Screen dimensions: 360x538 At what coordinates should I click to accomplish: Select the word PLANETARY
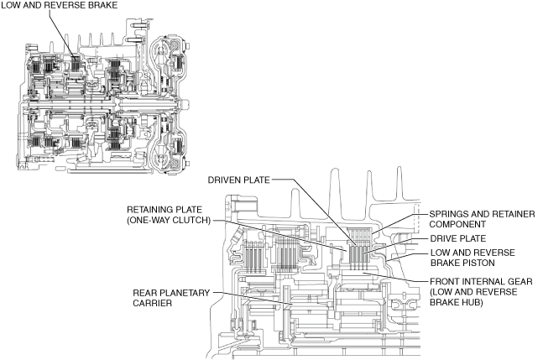[x=183, y=293]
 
